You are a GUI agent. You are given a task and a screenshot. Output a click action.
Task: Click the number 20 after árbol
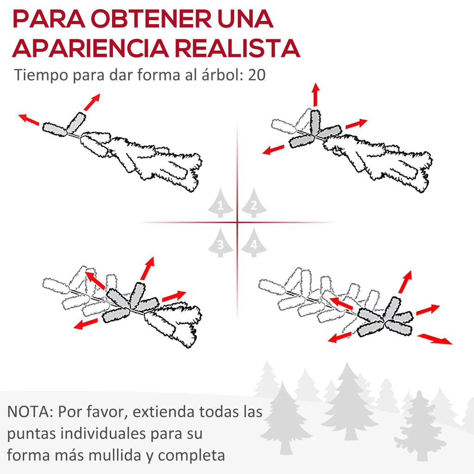point(257,75)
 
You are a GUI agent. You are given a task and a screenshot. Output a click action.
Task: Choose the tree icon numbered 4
point(254,243)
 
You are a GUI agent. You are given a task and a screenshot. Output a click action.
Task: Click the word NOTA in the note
point(29,412)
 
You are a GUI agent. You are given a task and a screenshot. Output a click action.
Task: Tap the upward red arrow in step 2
point(316,94)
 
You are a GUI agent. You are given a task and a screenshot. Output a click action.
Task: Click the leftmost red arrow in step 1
point(29,119)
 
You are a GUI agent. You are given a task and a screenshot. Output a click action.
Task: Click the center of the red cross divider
point(237,223)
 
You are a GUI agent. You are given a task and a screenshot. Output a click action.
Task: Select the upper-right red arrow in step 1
point(92,102)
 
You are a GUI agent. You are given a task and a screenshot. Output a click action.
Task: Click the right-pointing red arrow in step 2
point(356,124)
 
